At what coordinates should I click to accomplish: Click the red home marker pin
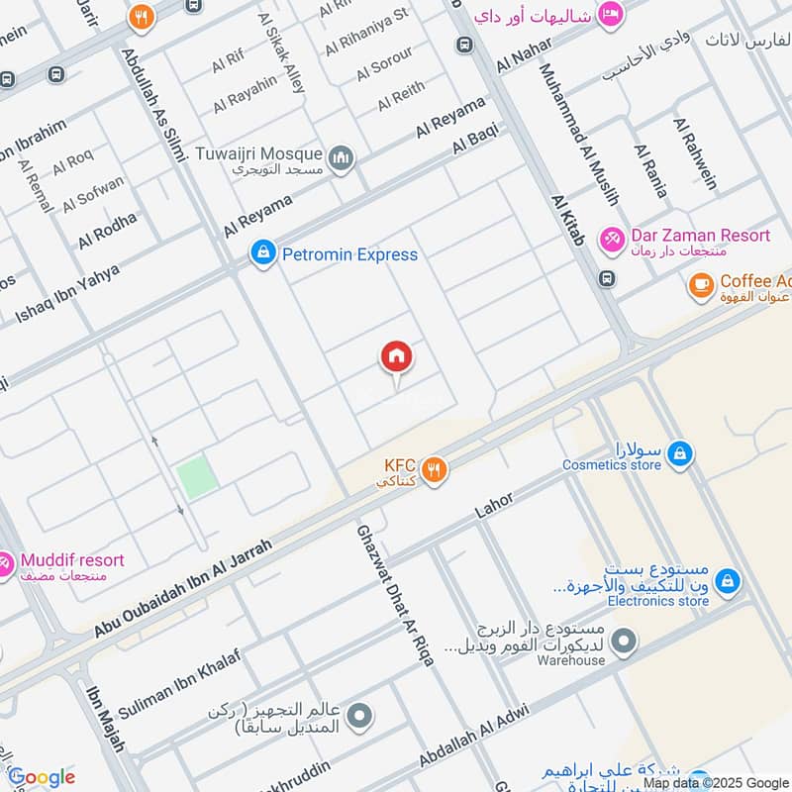coord(397,357)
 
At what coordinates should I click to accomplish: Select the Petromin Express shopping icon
coord(262,254)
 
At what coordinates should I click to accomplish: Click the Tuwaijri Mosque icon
coord(342,159)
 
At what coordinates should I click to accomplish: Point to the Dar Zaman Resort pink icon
coord(613,240)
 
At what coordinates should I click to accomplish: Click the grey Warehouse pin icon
coord(623,643)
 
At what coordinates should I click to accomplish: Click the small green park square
coord(197,478)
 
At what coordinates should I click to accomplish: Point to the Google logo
coord(42,777)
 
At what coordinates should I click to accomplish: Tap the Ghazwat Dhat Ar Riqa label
coord(395,594)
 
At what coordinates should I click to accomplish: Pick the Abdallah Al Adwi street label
coord(474,734)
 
